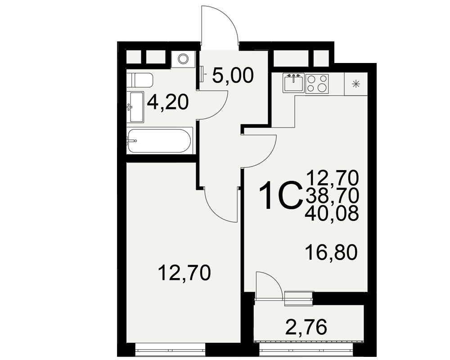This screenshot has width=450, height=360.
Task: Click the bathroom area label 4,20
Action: pos(168,102)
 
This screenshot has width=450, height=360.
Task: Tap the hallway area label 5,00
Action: pos(233,75)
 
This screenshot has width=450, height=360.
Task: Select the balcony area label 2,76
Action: pos(306,327)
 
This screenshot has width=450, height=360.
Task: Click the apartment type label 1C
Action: pos(281,195)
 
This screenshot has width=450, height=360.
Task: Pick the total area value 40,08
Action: pos(332,213)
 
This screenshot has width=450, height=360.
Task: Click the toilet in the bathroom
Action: pos(140,80)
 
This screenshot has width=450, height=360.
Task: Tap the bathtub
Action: pos(159,141)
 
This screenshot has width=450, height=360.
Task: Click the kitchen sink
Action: pos(293,83)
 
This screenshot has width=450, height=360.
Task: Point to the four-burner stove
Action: pos(317,84)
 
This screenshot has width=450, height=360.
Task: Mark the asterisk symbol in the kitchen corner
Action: pos(355,84)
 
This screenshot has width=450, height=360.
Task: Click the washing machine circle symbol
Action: pos(183,59)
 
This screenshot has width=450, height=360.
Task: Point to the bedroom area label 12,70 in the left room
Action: pos(184,273)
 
